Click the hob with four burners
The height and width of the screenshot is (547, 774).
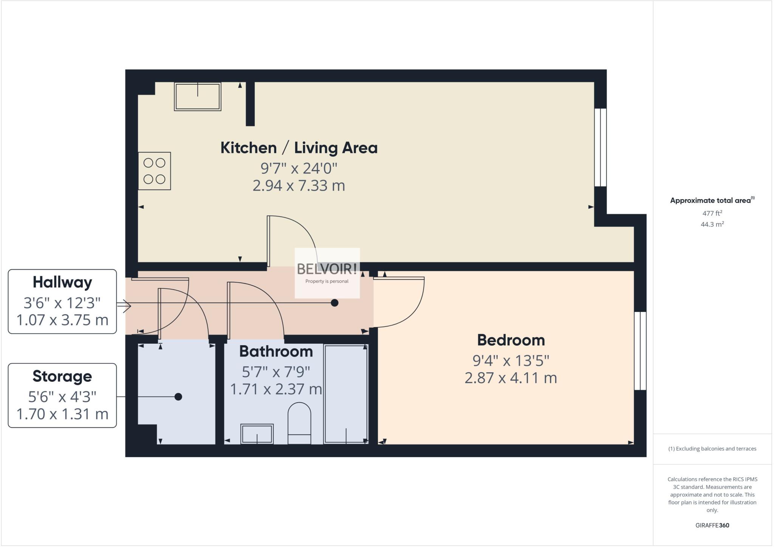pos(154,171)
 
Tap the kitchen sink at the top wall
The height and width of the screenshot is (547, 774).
pos(197,96)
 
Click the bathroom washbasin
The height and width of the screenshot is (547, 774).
pos(257,434)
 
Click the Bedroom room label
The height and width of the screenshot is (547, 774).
pos(511,340)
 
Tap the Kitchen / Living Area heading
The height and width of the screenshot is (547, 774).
pos(299,148)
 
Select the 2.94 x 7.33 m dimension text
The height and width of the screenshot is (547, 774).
pos(299,186)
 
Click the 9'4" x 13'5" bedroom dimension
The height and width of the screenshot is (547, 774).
pos(511,361)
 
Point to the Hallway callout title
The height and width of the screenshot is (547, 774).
pos(62,282)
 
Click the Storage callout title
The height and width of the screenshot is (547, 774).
pos(62,377)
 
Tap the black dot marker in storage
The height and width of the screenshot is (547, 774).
pos(178,397)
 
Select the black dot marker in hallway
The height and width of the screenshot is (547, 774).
pos(334,303)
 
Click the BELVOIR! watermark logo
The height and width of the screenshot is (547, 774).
pos(327,269)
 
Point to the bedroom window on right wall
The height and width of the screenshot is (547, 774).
pos(640,350)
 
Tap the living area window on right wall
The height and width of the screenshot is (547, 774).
pos(600,147)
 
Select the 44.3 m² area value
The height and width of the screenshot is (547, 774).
pos(712,224)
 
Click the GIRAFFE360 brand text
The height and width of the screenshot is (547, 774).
pos(712,525)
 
